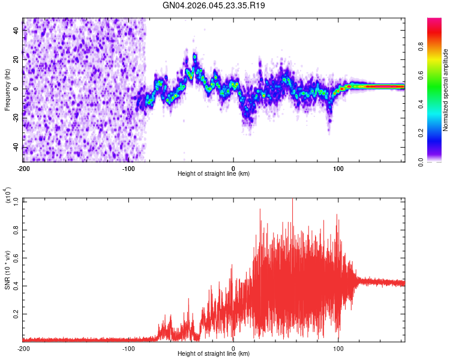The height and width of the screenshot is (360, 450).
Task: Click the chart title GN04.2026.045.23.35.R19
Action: [214, 5]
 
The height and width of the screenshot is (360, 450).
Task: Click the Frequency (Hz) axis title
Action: [7, 90]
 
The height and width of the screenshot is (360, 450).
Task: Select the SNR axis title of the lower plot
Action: [7, 270]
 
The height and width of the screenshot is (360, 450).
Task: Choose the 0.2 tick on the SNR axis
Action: [17, 313]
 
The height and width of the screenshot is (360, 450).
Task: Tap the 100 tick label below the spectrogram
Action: [338, 167]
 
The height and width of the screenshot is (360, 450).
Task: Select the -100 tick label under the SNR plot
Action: [128, 348]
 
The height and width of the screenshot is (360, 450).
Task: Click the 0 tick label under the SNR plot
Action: [233, 348]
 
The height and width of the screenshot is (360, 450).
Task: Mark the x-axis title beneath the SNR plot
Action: [214, 354]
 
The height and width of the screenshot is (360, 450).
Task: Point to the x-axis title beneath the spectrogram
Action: [214, 173]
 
